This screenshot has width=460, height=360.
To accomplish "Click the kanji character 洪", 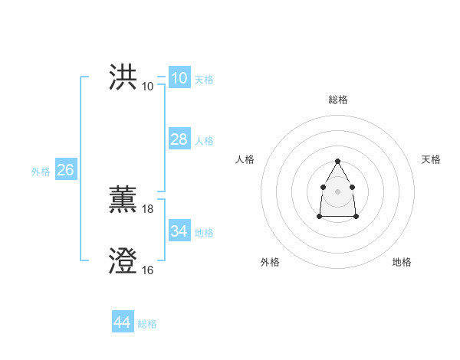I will click(123, 77).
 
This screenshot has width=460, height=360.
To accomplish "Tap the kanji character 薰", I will click(123, 201).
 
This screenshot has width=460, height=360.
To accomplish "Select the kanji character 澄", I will click(123, 262).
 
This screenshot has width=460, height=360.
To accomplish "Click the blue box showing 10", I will click(179, 78).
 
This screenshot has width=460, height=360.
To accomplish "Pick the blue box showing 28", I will click(179, 139).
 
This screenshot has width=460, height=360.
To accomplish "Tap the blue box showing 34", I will click(179, 231).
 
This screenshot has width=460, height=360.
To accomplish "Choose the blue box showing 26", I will click(65, 170).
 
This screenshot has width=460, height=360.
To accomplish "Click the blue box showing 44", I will click(122, 322).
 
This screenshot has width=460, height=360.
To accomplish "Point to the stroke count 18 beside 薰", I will click(148, 208).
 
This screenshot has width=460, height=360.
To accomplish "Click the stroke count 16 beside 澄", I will click(148, 270).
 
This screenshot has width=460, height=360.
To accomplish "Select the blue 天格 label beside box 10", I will click(204, 80).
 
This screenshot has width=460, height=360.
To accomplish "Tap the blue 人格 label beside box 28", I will click(204, 141).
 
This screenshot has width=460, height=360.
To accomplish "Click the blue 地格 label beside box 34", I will click(204, 233).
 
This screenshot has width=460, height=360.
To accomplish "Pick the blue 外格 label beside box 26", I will click(41, 172).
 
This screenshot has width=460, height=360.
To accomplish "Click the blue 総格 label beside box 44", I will click(147, 324).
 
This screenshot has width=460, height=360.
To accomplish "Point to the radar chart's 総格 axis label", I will click(338, 100).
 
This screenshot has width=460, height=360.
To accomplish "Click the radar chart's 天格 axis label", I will click(431, 159).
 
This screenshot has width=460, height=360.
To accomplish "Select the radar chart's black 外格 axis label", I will click(270, 262).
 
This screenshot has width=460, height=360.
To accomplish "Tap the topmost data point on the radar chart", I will click(337, 162).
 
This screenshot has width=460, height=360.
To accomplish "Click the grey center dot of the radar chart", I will click(337, 191).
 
